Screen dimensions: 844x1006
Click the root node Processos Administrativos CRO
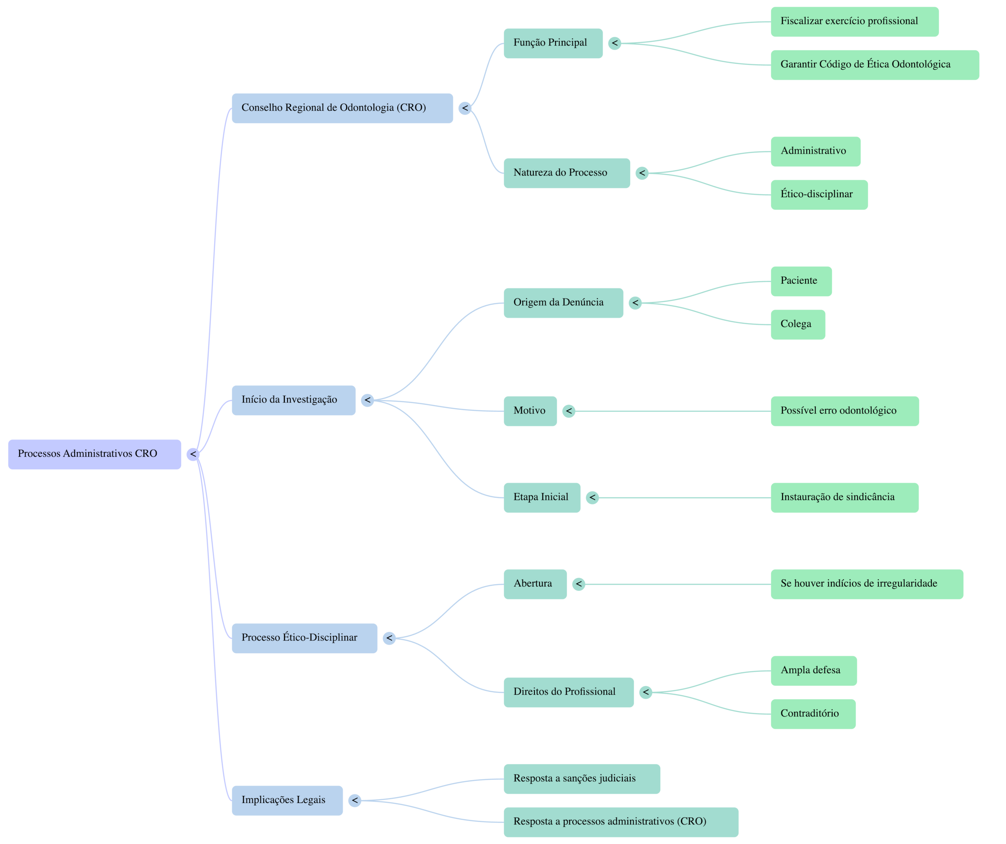point(95,454)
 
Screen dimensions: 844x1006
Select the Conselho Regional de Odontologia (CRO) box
point(342,108)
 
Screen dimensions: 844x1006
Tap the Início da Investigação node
point(293,401)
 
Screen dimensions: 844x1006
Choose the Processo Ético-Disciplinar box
point(304,638)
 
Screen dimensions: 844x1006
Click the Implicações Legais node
point(287,800)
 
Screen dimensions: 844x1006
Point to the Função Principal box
point(553,43)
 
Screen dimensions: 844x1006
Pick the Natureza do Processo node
point(566,173)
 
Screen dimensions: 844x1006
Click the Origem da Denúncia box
point(563,303)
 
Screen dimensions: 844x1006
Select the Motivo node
point(530,411)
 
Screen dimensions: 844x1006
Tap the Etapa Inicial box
point(542,498)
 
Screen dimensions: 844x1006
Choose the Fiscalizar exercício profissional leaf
point(854,21)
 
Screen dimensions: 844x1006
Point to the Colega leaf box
point(798,324)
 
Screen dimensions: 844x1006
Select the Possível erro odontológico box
point(845,411)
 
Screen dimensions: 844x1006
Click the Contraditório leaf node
point(813,714)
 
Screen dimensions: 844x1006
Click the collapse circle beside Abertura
point(579,584)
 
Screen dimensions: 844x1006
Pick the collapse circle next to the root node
point(193,454)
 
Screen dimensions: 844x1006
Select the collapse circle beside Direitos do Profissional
point(646,692)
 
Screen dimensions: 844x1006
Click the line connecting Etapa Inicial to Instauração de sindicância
point(685,498)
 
